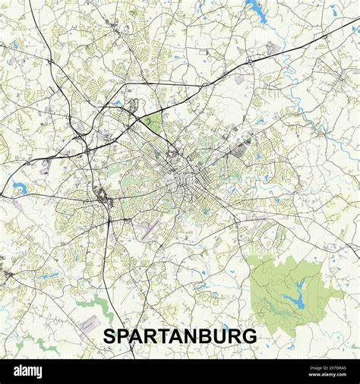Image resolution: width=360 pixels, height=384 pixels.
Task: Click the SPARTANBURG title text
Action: (179, 336)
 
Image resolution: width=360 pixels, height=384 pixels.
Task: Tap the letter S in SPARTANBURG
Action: (109, 336)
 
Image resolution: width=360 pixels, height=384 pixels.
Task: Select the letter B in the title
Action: (206, 336)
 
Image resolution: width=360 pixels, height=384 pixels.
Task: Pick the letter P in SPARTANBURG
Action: (122, 336)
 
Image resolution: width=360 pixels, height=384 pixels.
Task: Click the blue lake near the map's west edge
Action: (18, 187)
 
